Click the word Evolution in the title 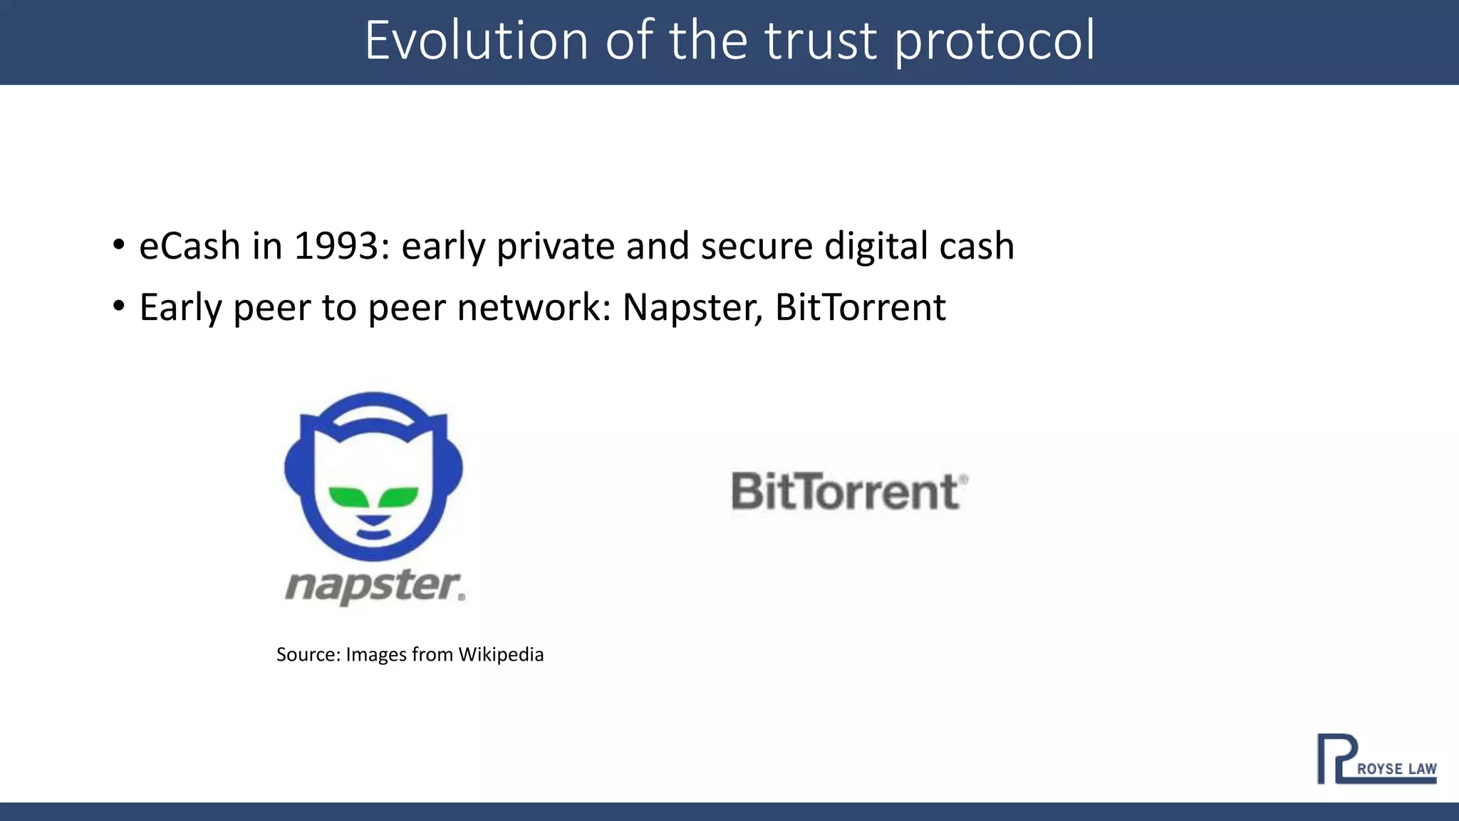coord(477,41)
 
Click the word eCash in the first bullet coord(189,247)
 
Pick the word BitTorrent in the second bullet coord(860,308)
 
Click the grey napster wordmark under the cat coord(375,587)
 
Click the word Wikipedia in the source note coord(501,654)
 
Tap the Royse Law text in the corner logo coord(1396,769)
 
